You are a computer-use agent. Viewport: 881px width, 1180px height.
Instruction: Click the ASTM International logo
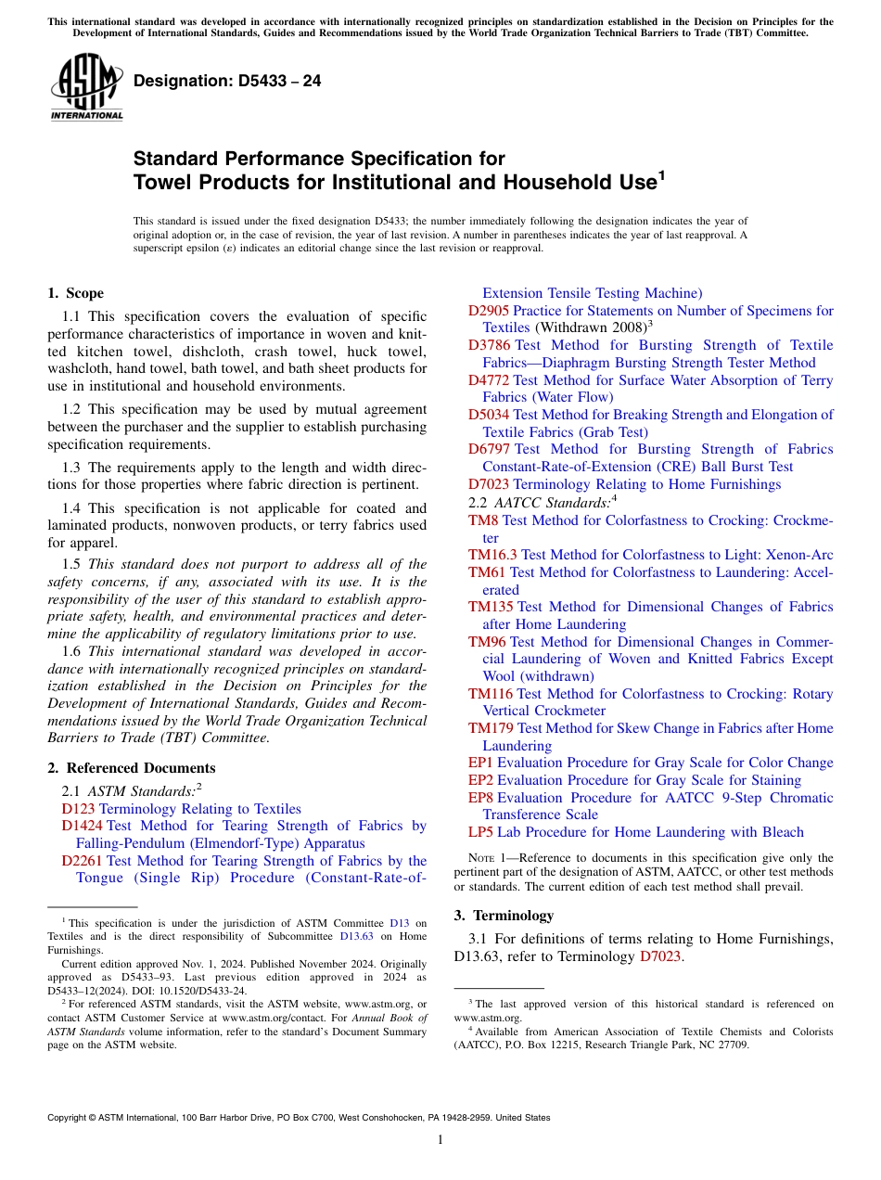pyautogui.click(x=86, y=88)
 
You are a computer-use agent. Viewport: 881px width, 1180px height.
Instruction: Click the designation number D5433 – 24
pyautogui.click(x=227, y=82)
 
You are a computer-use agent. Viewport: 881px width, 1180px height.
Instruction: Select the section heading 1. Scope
pyautogui.click(x=75, y=294)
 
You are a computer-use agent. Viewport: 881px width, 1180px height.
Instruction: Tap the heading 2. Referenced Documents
pyautogui.click(x=131, y=768)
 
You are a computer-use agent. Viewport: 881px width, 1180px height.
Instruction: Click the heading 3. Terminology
pyautogui.click(x=504, y=916)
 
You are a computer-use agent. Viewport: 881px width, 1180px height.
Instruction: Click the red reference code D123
pyautogui.click(x=78, y=809)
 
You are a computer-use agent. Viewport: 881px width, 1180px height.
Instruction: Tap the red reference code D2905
pyautogui.click(x=489, y=311)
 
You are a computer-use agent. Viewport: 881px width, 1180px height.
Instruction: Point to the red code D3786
pyautogui.click(x=489, y=345)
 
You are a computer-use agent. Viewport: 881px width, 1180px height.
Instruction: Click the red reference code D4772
pyautogui.click(x=489, y=380)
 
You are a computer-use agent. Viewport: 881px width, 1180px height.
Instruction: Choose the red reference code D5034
pyautogui.click(x=489, y=415)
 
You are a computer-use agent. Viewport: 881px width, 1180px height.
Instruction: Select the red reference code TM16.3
pyautogui.click(x=492, y=555)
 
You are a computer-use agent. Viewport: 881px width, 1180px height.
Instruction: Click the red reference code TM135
pyautogui.click(x=491, y=607)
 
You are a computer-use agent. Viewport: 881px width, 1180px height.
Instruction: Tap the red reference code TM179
pyautogui.click(x=491, y=728)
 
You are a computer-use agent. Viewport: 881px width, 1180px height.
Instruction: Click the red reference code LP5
pyautogui.click(x=480, y=832)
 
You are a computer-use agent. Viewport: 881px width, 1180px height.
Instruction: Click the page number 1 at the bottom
pyautogui.click(x=440, y=1140)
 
